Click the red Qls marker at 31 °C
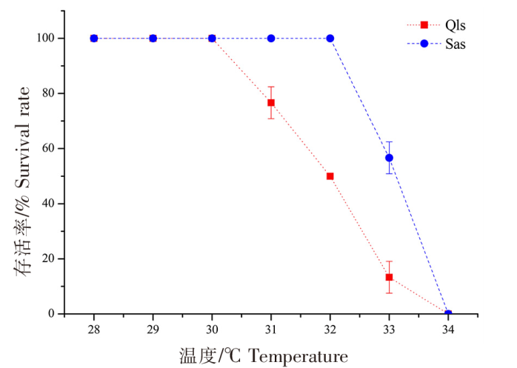point(271,103)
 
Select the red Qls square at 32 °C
point(330,176)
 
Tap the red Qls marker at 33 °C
point(389,277)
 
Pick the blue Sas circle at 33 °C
point(389,158)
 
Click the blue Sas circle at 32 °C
point(330,39)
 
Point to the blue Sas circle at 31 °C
point(271,39)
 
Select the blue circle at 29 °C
point(153,39)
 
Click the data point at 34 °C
point(448,314)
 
